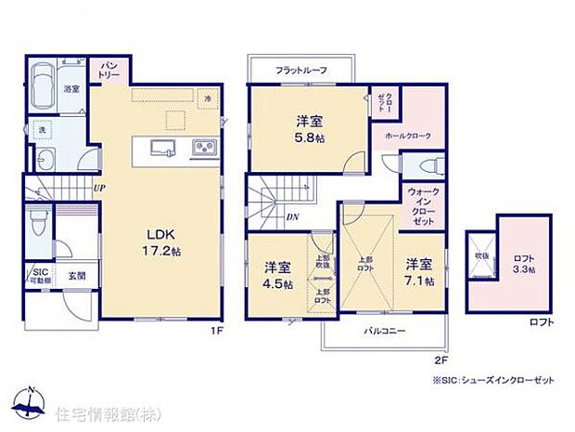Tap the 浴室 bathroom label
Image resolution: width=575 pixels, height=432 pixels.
70,89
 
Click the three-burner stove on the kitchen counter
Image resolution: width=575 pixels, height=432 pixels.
203,147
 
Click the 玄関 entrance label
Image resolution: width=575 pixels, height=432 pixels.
75,275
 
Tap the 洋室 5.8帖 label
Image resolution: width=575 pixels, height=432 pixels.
309,128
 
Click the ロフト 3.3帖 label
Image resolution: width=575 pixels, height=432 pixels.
523,263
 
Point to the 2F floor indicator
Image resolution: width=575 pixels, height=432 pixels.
441,359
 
